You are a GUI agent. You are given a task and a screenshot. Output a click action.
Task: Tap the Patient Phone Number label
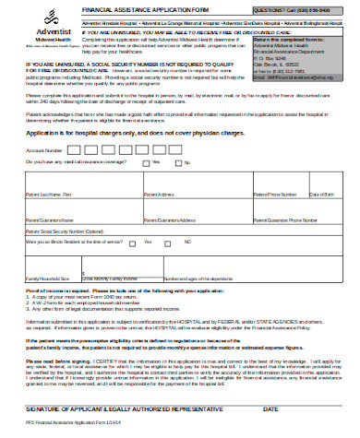pos(275,221)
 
